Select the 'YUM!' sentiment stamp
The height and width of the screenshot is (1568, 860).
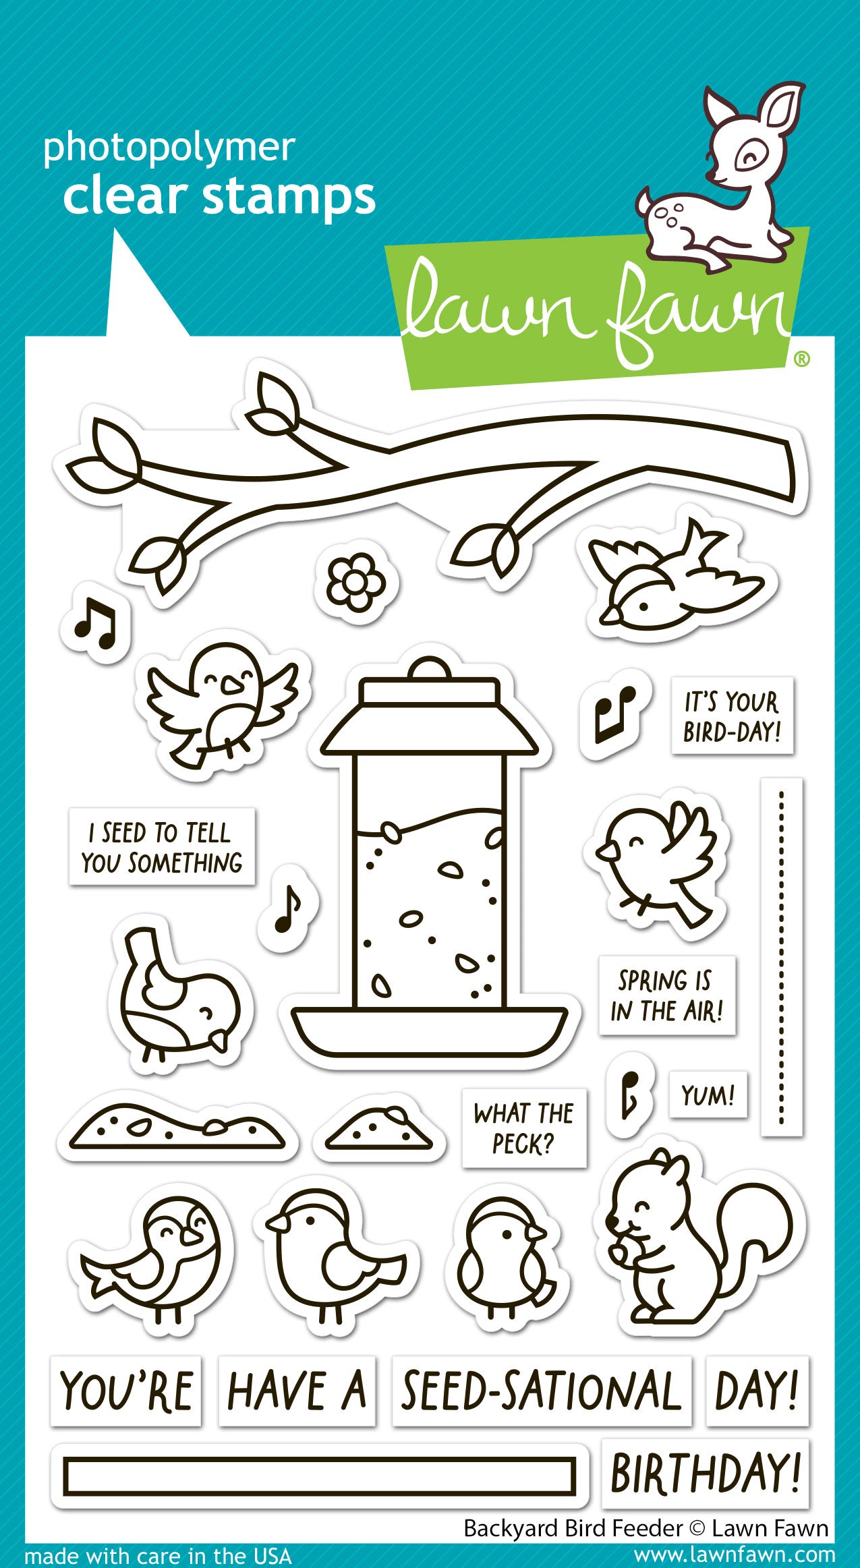tap(708, 1095)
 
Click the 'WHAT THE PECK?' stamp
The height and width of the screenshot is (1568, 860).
tap(523, 1128)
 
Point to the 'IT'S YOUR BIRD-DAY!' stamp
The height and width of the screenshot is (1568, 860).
tap(732, 716)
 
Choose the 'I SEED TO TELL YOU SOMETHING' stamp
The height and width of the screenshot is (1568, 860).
tap(162, 847)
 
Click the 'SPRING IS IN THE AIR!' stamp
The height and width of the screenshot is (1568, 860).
tap(666, 995)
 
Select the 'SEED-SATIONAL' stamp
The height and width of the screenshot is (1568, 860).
tap(541, 1391)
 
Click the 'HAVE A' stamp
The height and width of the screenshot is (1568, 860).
tap(297, 1391)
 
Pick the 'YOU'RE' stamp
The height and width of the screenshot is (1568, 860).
tap(126, 1391)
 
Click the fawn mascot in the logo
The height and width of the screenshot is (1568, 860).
tap(722, 182)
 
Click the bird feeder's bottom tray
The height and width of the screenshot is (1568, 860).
tap(430, 1028)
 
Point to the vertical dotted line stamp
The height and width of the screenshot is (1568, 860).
tap(782, 957)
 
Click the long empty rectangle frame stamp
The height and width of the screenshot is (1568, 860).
tap(318, 1475)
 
